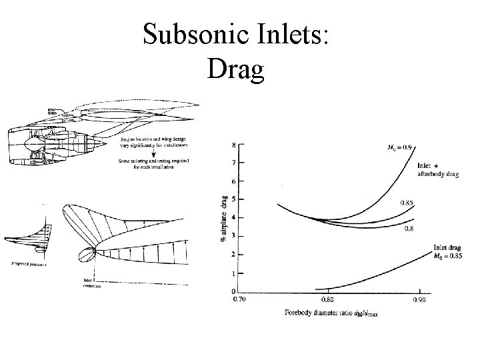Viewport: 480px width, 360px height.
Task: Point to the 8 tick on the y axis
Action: [233, 145]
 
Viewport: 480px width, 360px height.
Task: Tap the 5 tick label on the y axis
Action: [233, 199]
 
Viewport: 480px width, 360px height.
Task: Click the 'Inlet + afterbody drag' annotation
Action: [436, 170]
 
